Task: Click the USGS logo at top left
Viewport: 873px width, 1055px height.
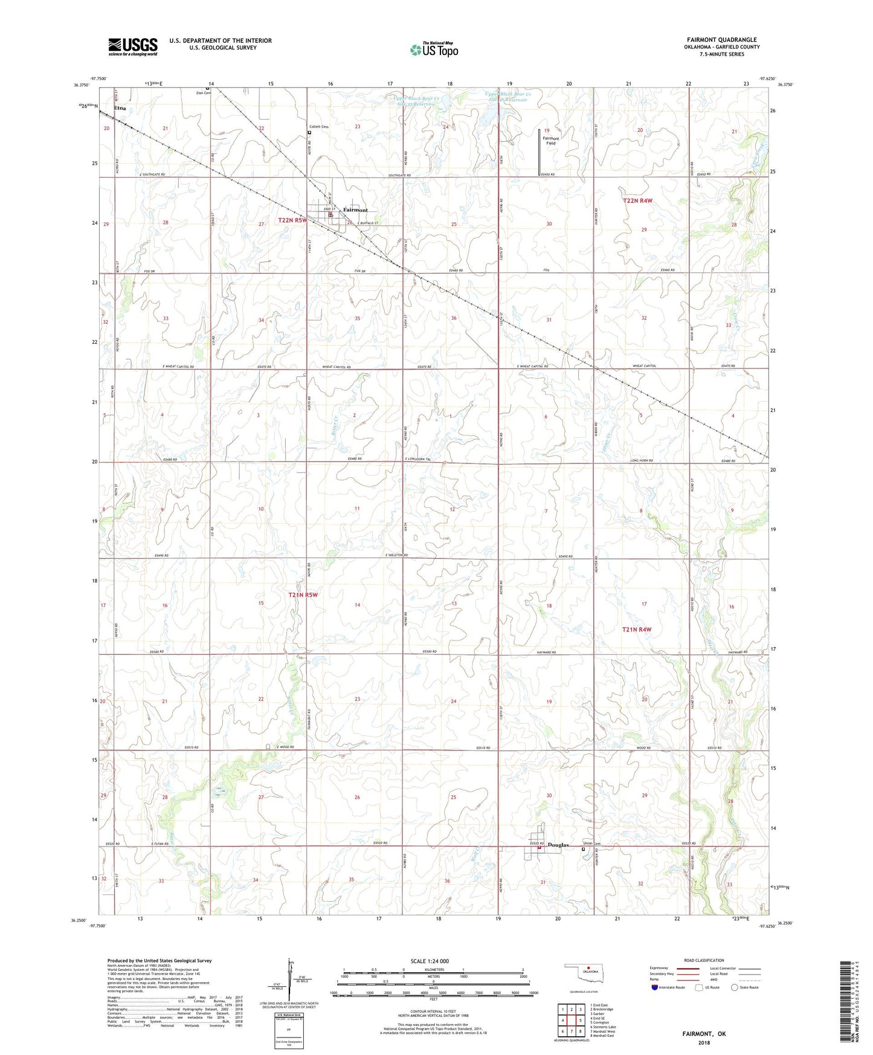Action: coord(132,47)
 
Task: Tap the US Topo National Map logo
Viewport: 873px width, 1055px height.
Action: coord(434,49)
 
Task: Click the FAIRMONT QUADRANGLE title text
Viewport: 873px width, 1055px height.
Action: coord(721,40)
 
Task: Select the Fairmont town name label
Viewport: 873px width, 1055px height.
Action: coord(355,210)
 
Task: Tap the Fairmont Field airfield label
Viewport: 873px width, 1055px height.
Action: coord(550,141)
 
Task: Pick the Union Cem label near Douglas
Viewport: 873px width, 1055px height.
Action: coord(592,844)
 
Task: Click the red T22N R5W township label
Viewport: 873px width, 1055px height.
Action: coord(293,221)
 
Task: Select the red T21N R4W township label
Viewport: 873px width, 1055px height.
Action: coord(637,630)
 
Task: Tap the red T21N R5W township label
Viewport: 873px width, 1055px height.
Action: coord(302,595)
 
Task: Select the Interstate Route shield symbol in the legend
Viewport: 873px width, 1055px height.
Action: coord(655,987)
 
